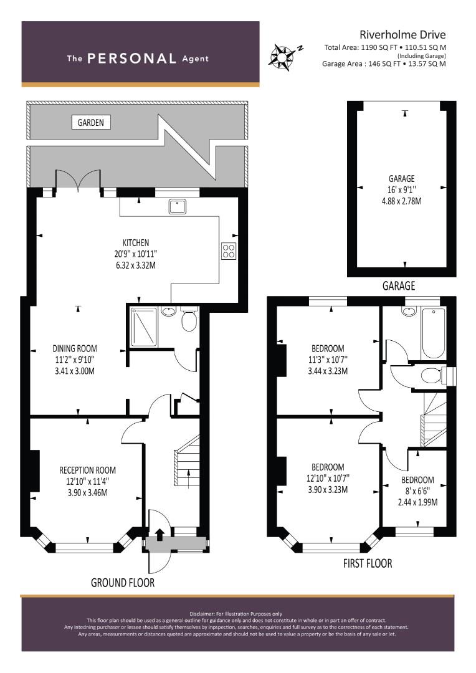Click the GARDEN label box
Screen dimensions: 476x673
[90, 122]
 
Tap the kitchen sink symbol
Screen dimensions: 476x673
[178, 206]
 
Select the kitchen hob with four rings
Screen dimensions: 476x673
[228, 251]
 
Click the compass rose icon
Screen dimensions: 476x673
[281, 56]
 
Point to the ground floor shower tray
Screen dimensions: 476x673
[144, 326]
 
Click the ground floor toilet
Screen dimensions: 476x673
[189, 318]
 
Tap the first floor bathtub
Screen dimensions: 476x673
[433, 333]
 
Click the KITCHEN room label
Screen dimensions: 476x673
[136, 243]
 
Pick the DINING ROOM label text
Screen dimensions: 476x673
[75, 348]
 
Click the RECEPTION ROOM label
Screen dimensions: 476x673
[88, 470]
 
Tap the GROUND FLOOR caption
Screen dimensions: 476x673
[123, 583]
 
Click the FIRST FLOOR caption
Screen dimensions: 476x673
[368, 563]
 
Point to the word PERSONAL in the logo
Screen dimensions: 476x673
[131, 59]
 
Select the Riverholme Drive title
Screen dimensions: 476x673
[402, 34]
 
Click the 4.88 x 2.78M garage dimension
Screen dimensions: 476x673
[402, 201]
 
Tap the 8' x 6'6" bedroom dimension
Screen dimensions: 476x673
[417, 491]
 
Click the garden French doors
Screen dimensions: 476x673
[78, 180]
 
